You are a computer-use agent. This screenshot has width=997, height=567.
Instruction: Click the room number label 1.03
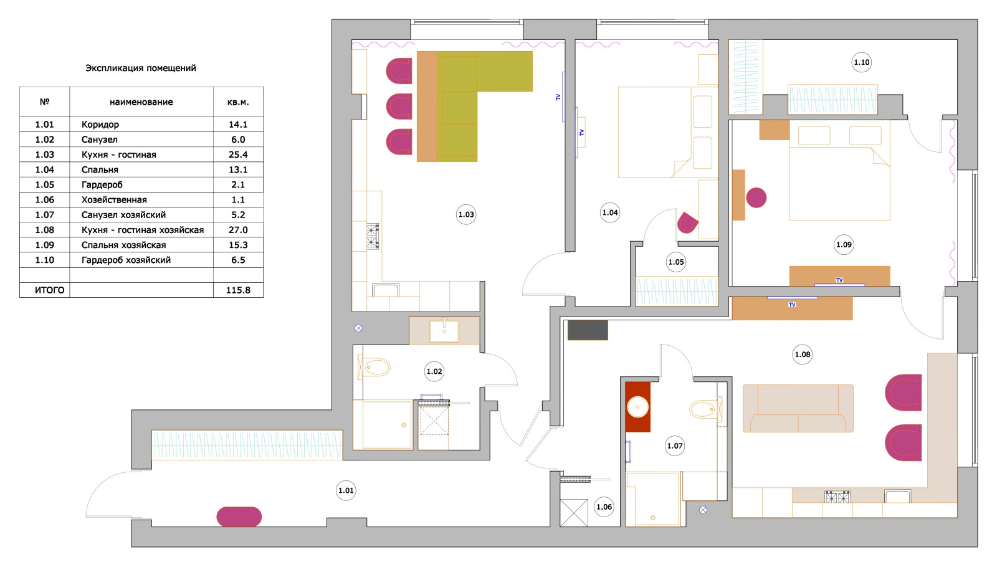(x=466, y=214)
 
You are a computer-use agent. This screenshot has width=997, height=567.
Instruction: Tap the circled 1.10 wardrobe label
(x=861, y=62)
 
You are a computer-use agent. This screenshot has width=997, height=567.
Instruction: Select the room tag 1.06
(x=604, y=507)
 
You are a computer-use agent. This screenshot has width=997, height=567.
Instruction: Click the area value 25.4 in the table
(x=238, y=155)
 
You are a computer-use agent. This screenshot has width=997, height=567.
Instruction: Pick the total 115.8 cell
(x=238, y=290)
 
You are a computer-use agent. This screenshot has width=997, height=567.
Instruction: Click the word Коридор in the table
(x=100, y=125)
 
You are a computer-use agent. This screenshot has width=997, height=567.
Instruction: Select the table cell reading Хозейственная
(x=114, y=200)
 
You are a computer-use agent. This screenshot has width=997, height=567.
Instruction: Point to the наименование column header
(x=141, y=102)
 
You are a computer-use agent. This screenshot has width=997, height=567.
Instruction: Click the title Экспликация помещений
(x=141, y=68)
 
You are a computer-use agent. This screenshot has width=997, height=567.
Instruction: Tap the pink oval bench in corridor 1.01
(x=239, y=517)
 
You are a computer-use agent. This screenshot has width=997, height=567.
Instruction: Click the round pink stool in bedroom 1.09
(x=756, y=198)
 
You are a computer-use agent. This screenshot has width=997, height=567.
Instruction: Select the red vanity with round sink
(x=637, y=407)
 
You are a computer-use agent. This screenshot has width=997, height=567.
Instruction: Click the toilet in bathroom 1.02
(x=374, y=368)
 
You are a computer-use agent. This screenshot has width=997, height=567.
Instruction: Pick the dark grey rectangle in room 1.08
(x=588, y=330)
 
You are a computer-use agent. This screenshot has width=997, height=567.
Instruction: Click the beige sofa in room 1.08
(x=798, y=409)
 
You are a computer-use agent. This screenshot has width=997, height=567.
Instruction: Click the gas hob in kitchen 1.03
(x=373, y=236)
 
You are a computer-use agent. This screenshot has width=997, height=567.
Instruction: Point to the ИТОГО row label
(x=49, y=290)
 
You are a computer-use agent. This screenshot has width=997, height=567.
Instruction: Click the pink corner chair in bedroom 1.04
(x=687, y=222)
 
